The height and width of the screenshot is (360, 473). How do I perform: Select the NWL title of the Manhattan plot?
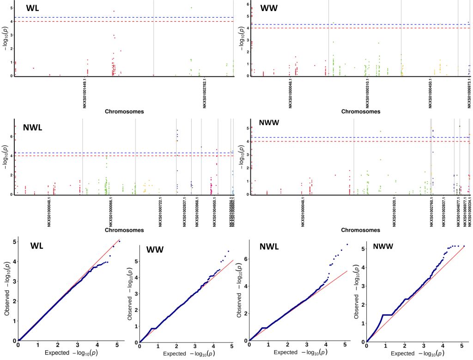coord(33,128)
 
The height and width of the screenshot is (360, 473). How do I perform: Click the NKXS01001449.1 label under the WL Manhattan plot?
coord(85,93)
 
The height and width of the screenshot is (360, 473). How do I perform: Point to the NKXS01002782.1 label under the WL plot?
coord(205,93)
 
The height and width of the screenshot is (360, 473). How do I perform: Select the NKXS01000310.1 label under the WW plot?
coord(368,93)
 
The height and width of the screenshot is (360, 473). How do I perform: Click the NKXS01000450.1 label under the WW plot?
coord(430,93)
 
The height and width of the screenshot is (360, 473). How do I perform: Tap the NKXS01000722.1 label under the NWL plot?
coord(161,211)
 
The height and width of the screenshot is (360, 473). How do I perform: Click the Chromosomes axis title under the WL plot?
coord(124,111)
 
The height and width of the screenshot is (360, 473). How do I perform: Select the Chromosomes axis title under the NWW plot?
coord(361,230)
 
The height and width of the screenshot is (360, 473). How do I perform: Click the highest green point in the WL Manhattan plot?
coord(191,7)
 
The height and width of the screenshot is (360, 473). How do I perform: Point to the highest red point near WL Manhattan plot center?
coord(114,11)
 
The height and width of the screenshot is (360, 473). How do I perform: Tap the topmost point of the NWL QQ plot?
coord(347,244)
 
